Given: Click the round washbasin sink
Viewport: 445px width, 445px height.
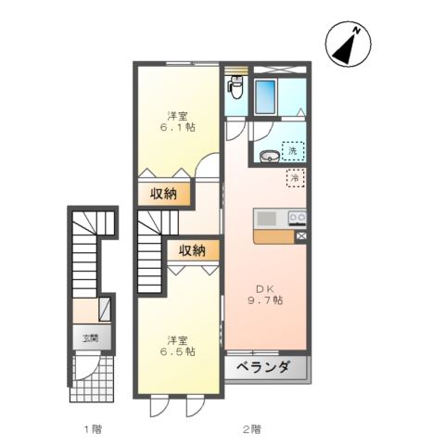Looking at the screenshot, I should (269, 156).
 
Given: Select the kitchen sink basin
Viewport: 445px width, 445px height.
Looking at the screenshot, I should (267, 219).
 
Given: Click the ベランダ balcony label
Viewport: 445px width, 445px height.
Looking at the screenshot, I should (267, 367).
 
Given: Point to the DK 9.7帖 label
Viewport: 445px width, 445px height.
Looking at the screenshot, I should (264, 294).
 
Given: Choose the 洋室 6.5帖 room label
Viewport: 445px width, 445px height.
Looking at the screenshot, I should (178, 345).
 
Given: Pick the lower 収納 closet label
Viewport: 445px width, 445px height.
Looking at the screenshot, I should (193, 250).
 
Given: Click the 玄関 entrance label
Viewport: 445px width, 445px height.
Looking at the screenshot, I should (90, 338).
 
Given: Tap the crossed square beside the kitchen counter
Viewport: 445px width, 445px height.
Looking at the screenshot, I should (301, 236).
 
